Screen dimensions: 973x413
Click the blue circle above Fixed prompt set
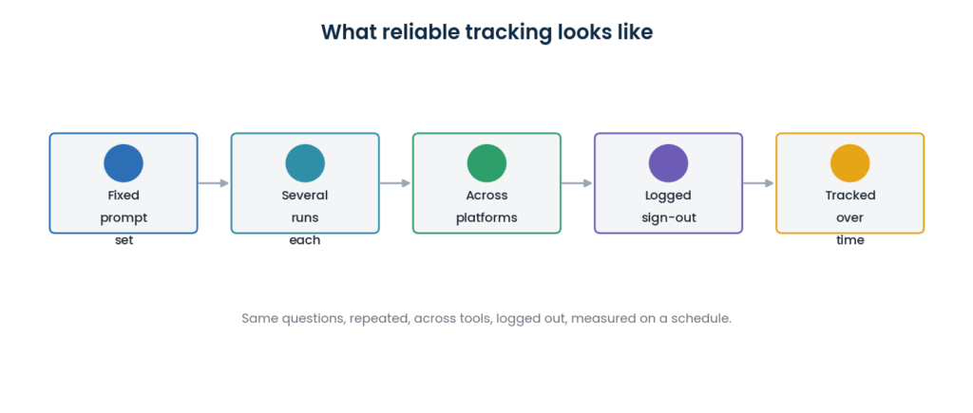[x=124, y=163]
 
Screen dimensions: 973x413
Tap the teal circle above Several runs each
[x=305, y=163]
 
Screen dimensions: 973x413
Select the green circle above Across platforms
[x=486, y=163]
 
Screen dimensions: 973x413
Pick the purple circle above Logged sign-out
[x=668, y=163]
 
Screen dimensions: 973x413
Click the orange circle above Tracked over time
[x=850, y=163]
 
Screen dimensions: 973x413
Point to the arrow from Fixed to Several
[x=214, y=183]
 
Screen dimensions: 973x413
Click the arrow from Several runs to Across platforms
[x=395, y=183]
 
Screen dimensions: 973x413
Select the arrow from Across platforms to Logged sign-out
[x=577, y=183]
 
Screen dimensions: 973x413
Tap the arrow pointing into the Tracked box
[x=758, y=183]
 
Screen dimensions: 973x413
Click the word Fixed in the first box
[x=124, y=196]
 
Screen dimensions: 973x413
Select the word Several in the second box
[x=305, y=196]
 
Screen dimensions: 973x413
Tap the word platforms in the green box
[x=486, y=218]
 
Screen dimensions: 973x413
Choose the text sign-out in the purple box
[x=668, y=218]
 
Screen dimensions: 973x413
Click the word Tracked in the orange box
[x=850, y=196]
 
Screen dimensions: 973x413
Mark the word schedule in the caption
[x=702, y=319]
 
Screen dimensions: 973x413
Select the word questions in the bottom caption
[x=314, y=319]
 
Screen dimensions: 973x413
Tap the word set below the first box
[x=124, y=240]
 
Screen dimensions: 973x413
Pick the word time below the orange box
[x=850, y=240]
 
